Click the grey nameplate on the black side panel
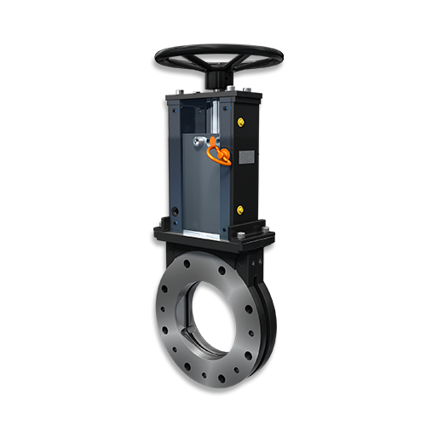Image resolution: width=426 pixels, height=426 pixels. point(246,158)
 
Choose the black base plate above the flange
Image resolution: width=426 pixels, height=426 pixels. point(213,234)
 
